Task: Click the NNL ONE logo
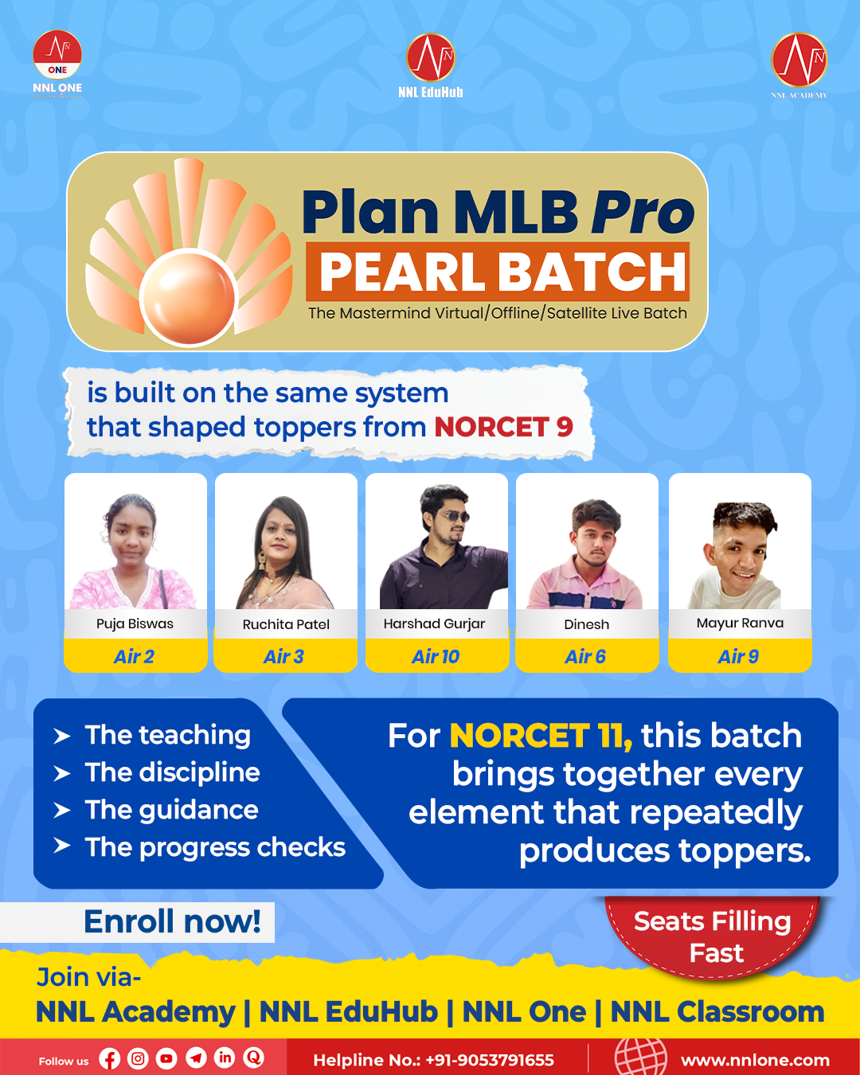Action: tap(57, 64)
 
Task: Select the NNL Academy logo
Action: tap(799, 65)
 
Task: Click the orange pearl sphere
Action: tap(189, 297)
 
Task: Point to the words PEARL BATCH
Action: tap(502, 272)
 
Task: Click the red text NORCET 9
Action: tap(503, 427)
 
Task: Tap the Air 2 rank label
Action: tap(134, 656)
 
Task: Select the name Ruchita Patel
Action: tap(286, 624)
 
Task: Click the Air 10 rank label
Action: tap(436, 656)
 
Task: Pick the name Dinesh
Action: tap(587, 624)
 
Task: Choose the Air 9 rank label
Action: tap(738, 656)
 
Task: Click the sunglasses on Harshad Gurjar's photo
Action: tap(453, 517)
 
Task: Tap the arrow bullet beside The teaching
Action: tap(62, 736)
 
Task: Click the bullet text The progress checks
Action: tap(215, 848)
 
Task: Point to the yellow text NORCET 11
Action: tap(541, 736)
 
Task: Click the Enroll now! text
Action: tap(173, 921)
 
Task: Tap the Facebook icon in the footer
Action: tap(109, 1058)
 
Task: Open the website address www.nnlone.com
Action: tap(755, 1060)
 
